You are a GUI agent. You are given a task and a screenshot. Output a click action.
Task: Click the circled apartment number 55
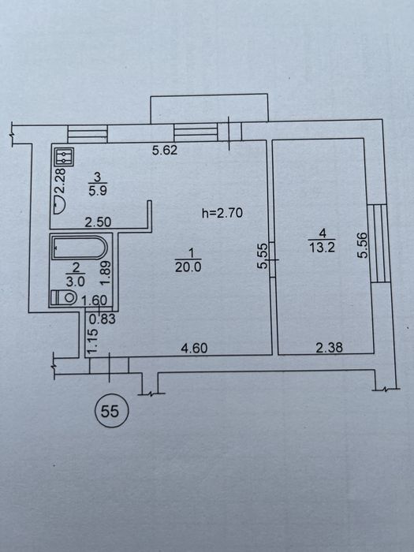(x=110, y=411)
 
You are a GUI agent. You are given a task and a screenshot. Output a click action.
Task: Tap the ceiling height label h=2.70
(x=222, y=213)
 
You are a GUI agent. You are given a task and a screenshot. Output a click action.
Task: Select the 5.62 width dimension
(x=165, y=151)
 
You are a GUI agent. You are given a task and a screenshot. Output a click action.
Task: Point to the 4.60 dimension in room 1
(x=194, y=349)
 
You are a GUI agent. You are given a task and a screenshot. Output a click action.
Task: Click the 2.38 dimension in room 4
(x=329, y=348)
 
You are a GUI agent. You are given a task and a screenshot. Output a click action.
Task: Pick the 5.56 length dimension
(x=362, y=245)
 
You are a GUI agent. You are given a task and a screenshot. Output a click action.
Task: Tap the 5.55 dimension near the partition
(x=263, y=256)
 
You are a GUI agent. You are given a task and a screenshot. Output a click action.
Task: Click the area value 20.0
(x=188, y=267)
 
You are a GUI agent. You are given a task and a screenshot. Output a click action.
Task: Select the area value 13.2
(x=322, y=248)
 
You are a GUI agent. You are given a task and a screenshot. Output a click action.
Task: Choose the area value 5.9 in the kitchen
(x=98, y=191)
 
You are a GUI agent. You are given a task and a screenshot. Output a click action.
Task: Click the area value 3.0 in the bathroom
(x=76, y=282)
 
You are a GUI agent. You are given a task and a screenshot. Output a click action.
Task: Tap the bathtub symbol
(x=79, y=248)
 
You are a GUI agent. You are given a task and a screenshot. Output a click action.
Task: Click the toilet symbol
(x=64, y=297)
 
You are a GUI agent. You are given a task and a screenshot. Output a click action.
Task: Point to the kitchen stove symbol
(x=64, y=157)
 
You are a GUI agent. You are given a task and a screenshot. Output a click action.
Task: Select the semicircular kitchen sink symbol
(x=59, y=205)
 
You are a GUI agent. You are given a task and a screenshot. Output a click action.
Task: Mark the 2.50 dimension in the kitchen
(x=99, y=222)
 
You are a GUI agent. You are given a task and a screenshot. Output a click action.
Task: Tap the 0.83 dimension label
(x=103, y=319)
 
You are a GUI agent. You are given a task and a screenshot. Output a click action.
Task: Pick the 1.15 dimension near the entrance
(x=92, y=341)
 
